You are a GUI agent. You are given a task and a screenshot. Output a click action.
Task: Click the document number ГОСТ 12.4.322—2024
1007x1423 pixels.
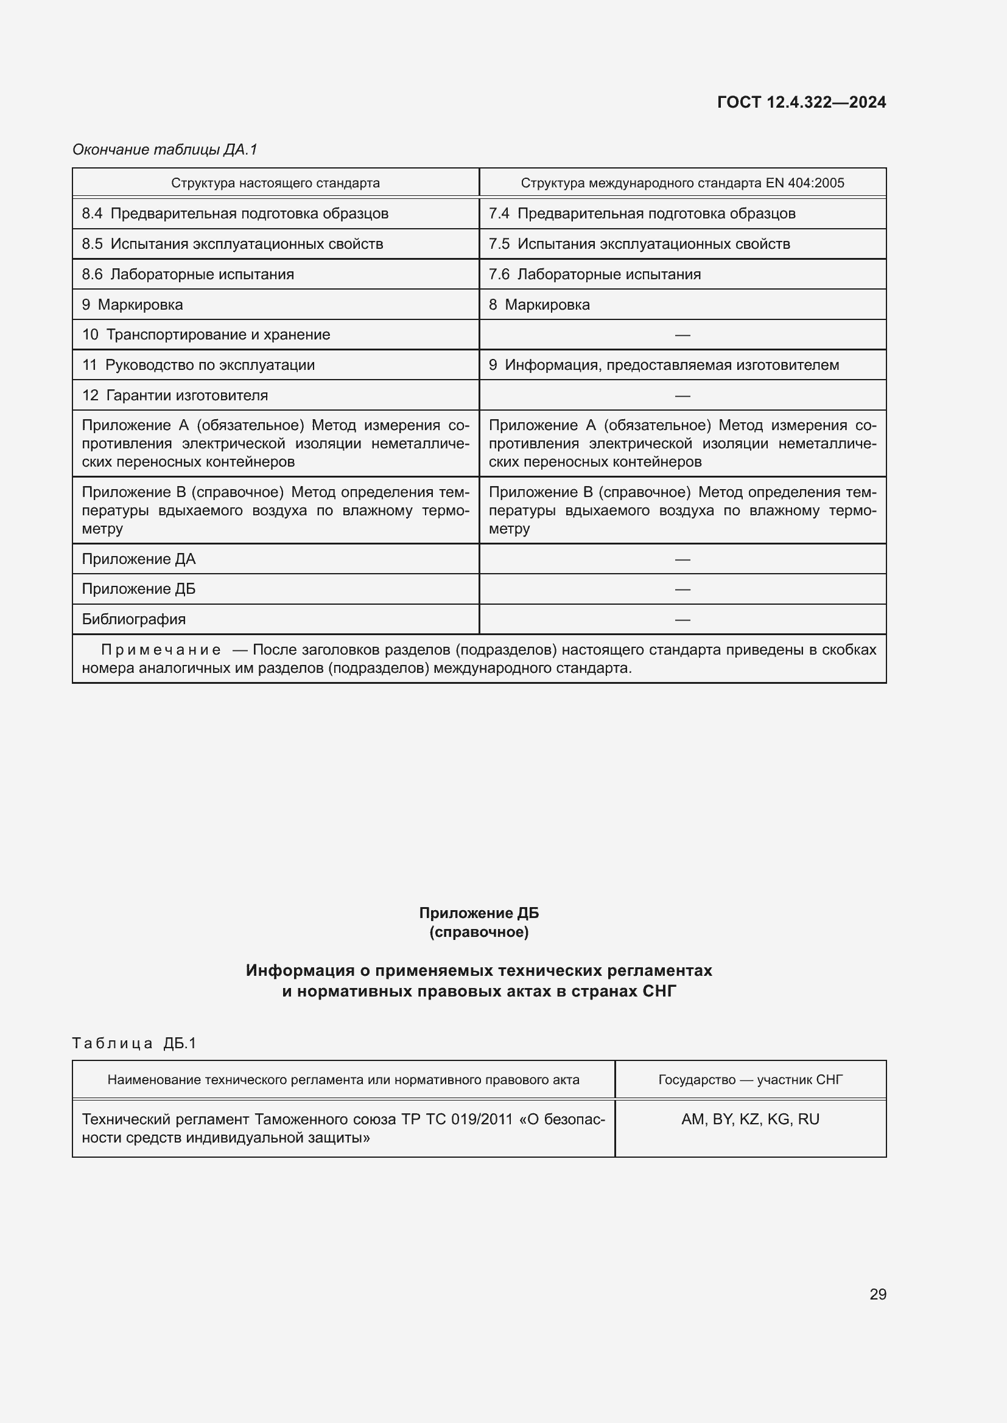[801, 102]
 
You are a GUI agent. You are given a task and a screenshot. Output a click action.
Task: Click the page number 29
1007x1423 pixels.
[877, 1294]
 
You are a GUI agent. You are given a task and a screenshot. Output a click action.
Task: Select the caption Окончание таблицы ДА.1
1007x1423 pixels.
[164, 150]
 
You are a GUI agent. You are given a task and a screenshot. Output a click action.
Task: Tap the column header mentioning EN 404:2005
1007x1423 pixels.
[682, 183]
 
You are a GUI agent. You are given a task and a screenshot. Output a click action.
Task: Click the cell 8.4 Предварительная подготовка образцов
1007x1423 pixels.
[235, 213]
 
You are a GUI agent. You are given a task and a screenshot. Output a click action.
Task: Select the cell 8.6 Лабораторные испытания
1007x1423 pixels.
[188, 274]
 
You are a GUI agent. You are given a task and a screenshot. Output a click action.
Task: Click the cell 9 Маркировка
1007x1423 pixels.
[132, 304]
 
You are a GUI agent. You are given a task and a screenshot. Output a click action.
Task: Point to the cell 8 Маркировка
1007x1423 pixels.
[539, 304]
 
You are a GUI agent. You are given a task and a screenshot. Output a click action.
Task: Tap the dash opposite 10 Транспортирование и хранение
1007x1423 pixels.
[682, 335]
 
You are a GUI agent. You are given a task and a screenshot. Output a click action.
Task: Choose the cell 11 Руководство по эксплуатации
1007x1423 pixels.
[198, 365]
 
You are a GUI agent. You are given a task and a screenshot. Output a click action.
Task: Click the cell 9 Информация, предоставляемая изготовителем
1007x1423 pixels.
[664, 365]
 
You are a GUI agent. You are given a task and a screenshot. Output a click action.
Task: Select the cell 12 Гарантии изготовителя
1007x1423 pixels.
[175, 395]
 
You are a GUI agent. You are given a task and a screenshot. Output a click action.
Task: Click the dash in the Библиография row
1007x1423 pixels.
[682, 619]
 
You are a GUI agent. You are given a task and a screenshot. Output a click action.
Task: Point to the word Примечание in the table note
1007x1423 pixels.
[161, 650]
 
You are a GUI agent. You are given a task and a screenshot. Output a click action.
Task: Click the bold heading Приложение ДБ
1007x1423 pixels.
[479, 913]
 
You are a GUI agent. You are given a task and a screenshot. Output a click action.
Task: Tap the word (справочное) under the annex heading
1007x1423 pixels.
[479, 932]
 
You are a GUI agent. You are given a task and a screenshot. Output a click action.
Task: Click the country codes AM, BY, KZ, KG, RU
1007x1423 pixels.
[749, 1119]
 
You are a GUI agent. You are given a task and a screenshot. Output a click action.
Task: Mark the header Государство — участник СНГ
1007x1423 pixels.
[749, 1080]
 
